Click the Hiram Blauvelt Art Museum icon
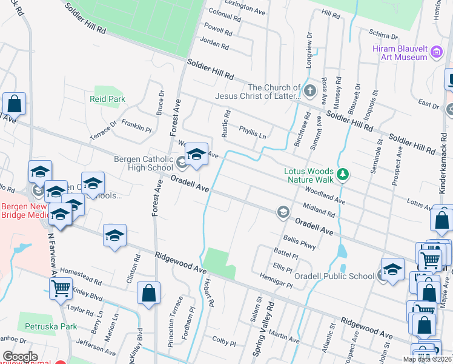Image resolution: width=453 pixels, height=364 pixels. point(436,53)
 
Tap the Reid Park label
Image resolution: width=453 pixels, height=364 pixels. point(107,98)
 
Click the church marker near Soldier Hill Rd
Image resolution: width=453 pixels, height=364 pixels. point(310,92)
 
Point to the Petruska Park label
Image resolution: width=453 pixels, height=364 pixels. point(51,326)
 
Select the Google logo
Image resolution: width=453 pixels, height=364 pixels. point(20,357)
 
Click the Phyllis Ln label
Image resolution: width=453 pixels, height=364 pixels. point(253,133)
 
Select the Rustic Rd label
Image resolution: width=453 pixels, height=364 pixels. point(228,121)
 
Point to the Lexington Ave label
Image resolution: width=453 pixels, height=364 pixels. point(245,7)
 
